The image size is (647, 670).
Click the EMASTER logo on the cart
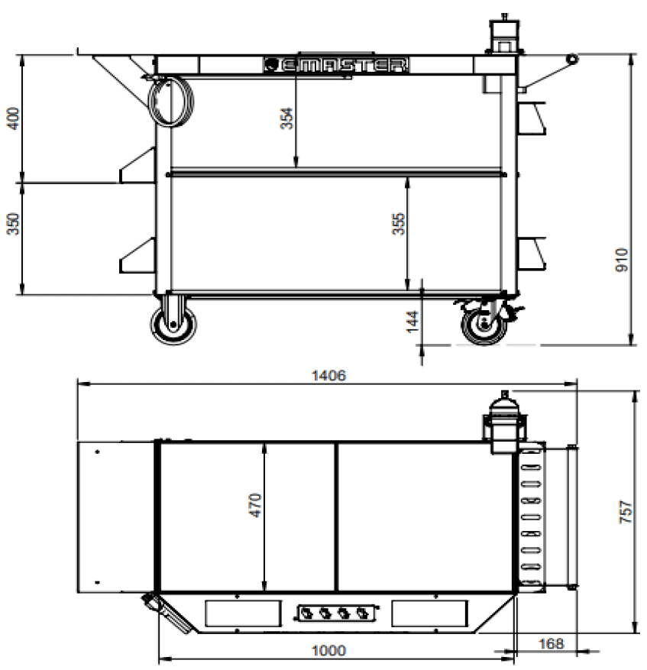coord(336,65)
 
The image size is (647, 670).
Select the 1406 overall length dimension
coord(328,376)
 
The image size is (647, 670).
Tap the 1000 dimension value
coord(328,650)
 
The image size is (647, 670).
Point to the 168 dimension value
coord(551,643)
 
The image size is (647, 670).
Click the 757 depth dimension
coord(625,511)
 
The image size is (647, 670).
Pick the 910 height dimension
coord(622,260)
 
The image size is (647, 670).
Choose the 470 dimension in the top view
coord(255,505)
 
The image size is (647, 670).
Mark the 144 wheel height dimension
coord(412,322)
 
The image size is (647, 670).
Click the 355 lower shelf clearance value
coord(398,224)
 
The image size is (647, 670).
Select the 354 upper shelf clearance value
coord(286,118)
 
